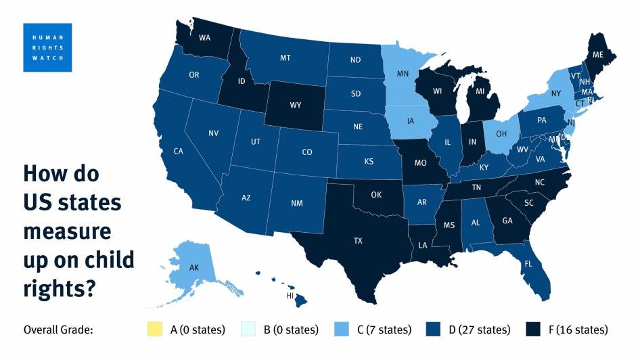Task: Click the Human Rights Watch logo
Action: pyautogui.click(x=47, y=47)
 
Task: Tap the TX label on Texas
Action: pyautogui.click(x=358, y=240)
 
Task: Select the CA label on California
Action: pyautogui.click(x=179, y=152)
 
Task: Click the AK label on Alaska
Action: pyautogui.click(x=193, y=269)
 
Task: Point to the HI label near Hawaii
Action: pyautogui.click(x=290, y=296)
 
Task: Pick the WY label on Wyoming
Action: pyautogui.click(x=295, y=105)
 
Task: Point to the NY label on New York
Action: pyautogui.click(x=556, y=92)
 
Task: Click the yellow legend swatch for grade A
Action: pyautogui.click(x=154, y=330)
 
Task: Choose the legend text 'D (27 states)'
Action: pyautogui.click(x=478, y=330)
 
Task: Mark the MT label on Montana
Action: pyautogui.click(x=285, y=58)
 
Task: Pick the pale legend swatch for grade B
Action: pyautogui.click(x=249, y=330)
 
